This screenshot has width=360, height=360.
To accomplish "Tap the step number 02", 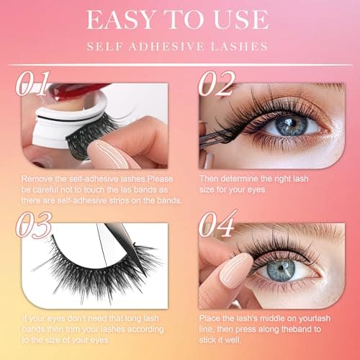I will pos(218,84).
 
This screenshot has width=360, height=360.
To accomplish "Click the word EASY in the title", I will pos(120,20).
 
